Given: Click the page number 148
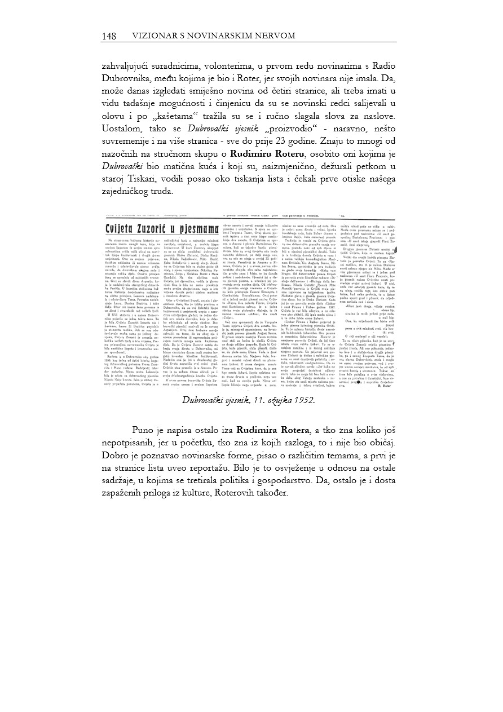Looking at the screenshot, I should (109, 36).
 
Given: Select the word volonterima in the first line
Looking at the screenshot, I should (223, 66).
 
